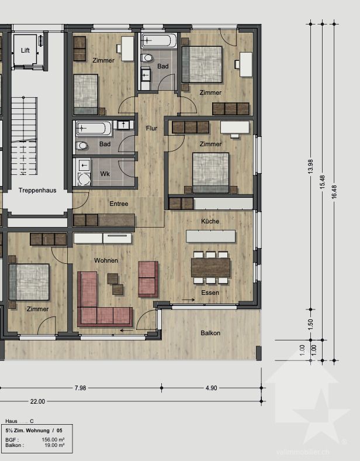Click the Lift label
coord(25,50)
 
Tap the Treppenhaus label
coord(37,191)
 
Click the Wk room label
coord(105,174)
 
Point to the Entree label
coord(119,204)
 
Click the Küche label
coord(210,221)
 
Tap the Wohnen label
coord(106,260)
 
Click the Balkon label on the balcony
coord(210,333)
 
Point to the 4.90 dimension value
coord(211,388)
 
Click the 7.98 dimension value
coord(80,388)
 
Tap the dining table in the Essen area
coord(210,267)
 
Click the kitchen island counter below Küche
coord(210,236)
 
